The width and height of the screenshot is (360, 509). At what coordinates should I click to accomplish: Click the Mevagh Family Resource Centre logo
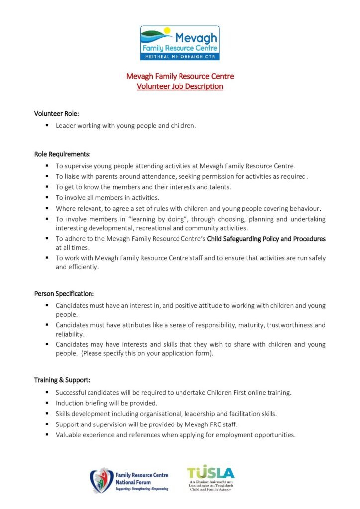(x=180, y=43)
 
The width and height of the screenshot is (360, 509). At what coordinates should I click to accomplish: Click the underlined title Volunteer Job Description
(x=180, y=86)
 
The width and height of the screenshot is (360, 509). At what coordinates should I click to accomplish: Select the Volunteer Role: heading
(x=57, y=114)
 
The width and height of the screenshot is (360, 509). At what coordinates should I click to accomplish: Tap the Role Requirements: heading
(x=62, y=154)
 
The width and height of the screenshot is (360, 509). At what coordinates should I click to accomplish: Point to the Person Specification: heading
(x=64, y=294)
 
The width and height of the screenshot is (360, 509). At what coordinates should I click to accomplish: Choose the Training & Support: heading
(x=62, y=380)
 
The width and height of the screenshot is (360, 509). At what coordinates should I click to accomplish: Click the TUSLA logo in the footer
(x=210, y=479)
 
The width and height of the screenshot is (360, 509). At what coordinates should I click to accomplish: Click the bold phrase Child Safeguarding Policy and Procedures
(x=266, y=239)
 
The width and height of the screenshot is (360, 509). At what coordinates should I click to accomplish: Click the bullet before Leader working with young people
(x=47, y=126)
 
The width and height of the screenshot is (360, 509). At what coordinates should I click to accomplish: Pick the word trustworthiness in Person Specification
(x=290, y=325)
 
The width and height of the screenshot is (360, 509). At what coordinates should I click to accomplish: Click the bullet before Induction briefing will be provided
(x=47, y=403)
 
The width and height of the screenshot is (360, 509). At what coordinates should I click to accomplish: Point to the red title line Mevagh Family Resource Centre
(x=180, y=76)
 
